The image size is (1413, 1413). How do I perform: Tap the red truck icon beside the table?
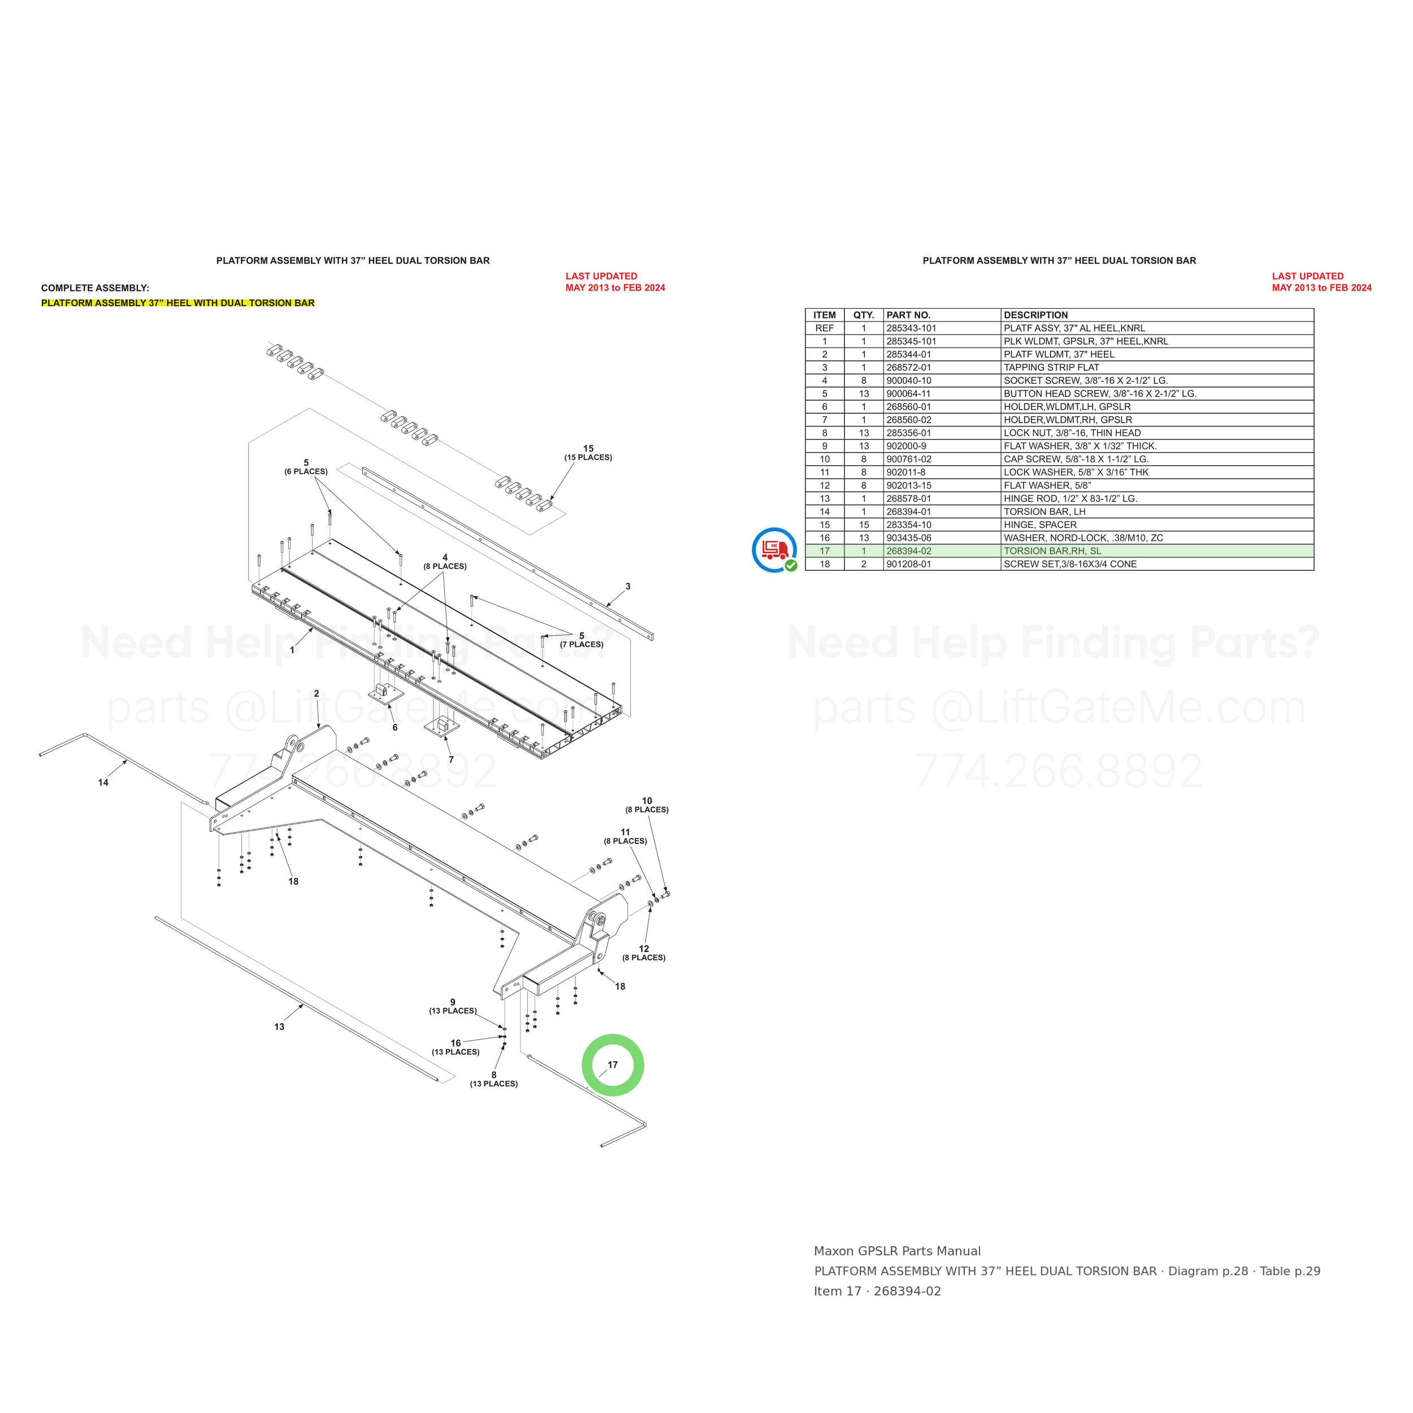pyautogui.click(x=774, y=549)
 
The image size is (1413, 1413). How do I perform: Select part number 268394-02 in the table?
pyautogui.click(x=909, y=551)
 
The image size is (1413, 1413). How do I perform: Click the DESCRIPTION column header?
pyautogui.click(x=1035, y=315)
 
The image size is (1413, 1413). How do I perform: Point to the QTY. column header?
pyautogui.click(x=864, y=315)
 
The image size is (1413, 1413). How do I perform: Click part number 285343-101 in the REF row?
pyautogui.click(x=911, y=328)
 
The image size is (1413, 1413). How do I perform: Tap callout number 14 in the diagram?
pyautogui.click(x=103, y=783)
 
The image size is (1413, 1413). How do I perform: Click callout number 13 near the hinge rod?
pyautogui.click(x=279, y=1027)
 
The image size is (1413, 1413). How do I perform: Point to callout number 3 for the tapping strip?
pyautogui.click(x=627, y=587)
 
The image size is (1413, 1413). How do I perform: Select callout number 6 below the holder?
pyautogui.click(x=395, y=728)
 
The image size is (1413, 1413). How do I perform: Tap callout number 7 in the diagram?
pyautogui.click(x=451, y=760)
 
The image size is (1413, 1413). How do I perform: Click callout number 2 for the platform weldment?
pyautogui.click(x=317, y=694)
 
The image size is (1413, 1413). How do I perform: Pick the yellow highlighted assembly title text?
pyautogui.click(x=177, y=303)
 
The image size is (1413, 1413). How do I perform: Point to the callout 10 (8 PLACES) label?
pyautogui.click(x=647, y=805)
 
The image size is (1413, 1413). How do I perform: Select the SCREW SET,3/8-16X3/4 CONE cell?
pyautogui.click(x=1070, y=564)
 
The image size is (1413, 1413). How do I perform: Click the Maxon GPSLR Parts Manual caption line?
pyautogui.click(x=898, y=1251)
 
